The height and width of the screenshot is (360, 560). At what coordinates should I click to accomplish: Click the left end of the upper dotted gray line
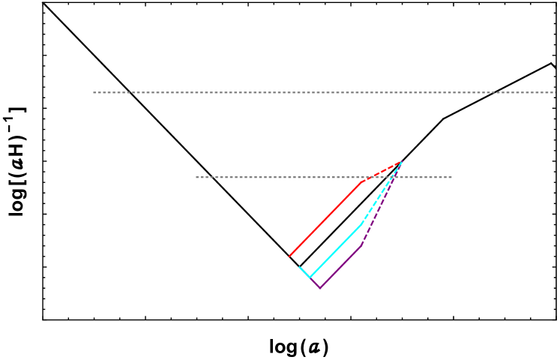(94, 92)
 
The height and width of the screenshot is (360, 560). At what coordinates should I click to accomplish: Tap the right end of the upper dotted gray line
(555, 92)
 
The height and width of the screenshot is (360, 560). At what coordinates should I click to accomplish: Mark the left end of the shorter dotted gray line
(196, 177)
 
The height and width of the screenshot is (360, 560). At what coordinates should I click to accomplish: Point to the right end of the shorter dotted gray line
(451, 177)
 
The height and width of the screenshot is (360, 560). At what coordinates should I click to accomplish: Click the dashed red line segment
(382, 171)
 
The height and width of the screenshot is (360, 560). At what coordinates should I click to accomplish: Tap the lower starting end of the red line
(289, 256)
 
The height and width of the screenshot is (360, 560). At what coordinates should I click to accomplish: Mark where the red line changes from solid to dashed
(363, 181)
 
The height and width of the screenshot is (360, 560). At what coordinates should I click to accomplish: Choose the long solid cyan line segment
(335, 251)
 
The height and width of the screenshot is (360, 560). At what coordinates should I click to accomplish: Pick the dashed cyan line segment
(382, 193)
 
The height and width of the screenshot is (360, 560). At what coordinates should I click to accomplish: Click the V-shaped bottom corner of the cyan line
(310, 277)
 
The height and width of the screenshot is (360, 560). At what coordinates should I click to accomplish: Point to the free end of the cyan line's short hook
(300, 267)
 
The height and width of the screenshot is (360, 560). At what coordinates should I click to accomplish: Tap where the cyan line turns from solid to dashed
(361, 224)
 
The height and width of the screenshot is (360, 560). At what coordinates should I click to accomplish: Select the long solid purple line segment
(341, 266)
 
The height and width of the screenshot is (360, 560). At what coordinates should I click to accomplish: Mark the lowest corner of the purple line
(320, 288)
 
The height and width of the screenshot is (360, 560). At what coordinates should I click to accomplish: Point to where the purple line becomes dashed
(361, 245)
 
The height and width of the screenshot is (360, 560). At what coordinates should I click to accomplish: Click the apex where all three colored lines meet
(402, 161)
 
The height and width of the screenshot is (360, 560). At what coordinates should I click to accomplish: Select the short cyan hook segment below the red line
(304, 272)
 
